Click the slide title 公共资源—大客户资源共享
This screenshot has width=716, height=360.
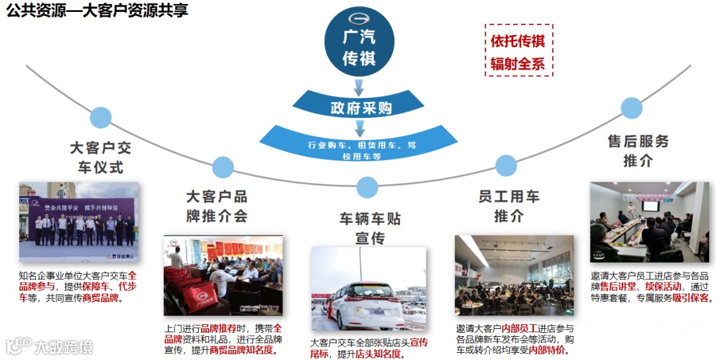click(x=97, y=11)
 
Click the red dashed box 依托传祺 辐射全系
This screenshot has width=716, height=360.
click(x=518, y=51)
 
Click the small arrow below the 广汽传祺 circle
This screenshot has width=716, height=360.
click(x=359, y=87)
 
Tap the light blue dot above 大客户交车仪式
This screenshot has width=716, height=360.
click(x=101, y=117)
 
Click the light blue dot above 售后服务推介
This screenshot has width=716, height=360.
click(x=631, y=108)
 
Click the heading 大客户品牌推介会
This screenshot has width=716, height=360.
click(x=217, y=206)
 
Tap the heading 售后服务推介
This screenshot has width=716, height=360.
click(x=638, y=150)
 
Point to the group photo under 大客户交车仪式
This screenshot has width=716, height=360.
click(x=79, y=222)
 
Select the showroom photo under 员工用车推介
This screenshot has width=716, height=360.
click(x=514, y=274)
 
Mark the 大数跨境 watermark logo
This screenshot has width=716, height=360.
click(x=50, y=346)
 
